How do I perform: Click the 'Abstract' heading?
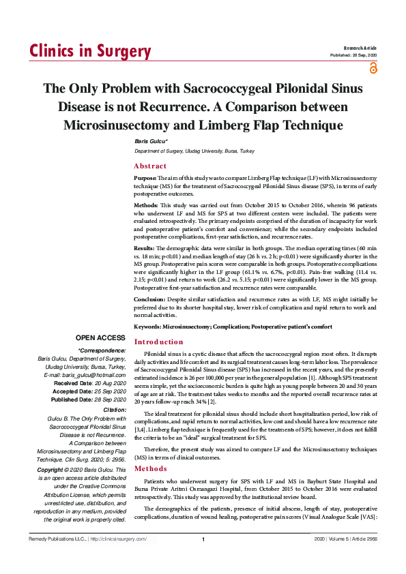click(x=150, y=166)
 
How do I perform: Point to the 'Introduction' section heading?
click(x=158, y=342)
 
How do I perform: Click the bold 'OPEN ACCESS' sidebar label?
click(x=100, y=337)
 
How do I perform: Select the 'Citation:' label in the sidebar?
click(x=113, y=410)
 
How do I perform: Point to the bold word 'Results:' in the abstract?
click(x=145, y=247)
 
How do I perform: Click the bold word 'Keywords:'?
click(x=147, y=327)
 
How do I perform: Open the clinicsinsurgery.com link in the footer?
click(x=119, y=539)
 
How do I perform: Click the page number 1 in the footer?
click(x=203, y=540)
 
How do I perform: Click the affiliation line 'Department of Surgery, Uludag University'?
click(x=194, y=151)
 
